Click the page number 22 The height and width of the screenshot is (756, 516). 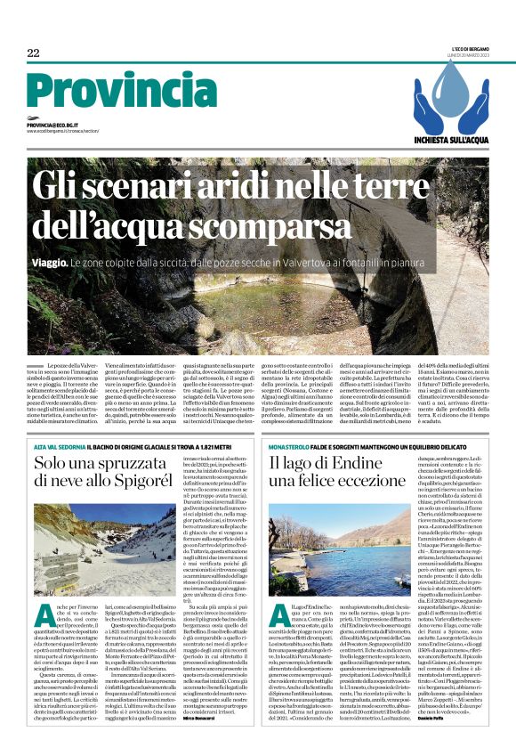[x=33, y=53]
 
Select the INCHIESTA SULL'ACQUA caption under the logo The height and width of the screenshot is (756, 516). [x=447, y=139]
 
